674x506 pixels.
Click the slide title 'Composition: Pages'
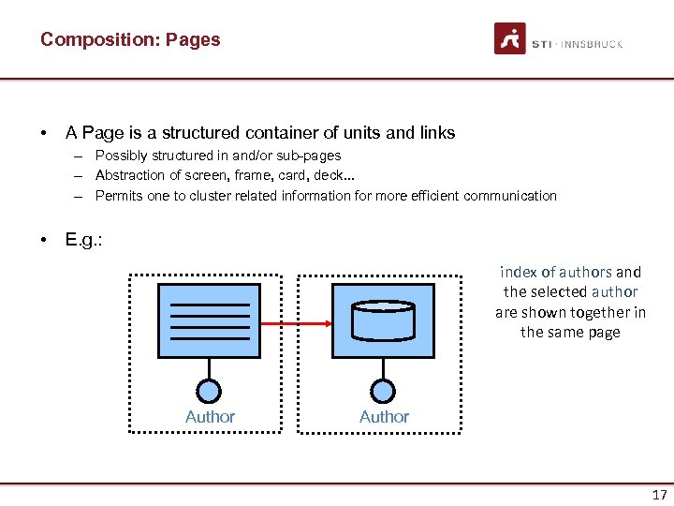(130, 39)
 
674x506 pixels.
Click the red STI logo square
(510, 39)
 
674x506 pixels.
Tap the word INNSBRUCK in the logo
(593, 44)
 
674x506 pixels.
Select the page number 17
(660, 495)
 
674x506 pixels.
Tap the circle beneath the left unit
(210, 391)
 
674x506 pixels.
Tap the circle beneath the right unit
(382, 391)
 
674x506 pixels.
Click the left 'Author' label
(210, 417)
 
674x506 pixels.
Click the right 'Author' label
(384, 417)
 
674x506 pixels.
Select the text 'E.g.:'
(83, 240)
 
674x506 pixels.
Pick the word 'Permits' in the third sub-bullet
(118, 196)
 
